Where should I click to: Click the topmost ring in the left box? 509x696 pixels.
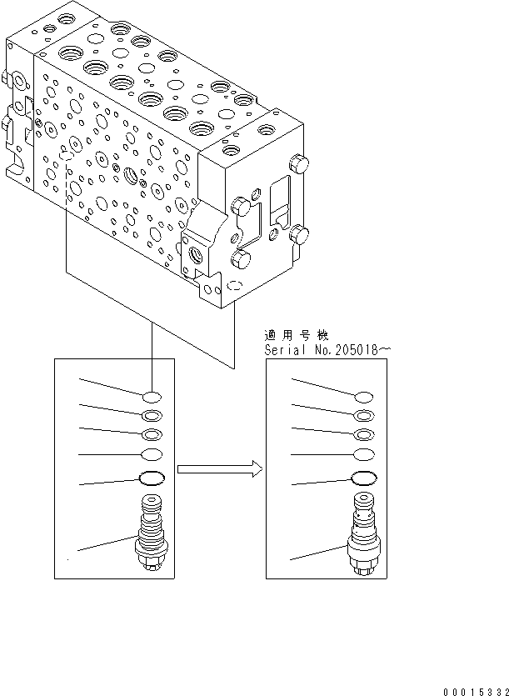[x=152, y=396]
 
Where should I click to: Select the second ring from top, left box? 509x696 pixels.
[x=152, y=415]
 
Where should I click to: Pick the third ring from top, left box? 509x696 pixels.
[x=152, y=434]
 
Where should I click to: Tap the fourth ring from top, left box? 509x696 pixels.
[x=152, y=454]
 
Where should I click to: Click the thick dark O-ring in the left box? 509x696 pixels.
[x=152, y=478]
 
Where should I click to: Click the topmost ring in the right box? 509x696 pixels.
[x=363, y=397]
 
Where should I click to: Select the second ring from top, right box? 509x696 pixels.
[x=363, y=416]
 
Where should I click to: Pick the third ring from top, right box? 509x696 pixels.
[x=363, y=434]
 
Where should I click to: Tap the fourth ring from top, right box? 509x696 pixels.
[x=363, y=454]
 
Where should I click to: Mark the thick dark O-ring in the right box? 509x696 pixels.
[x=363, y=478]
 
